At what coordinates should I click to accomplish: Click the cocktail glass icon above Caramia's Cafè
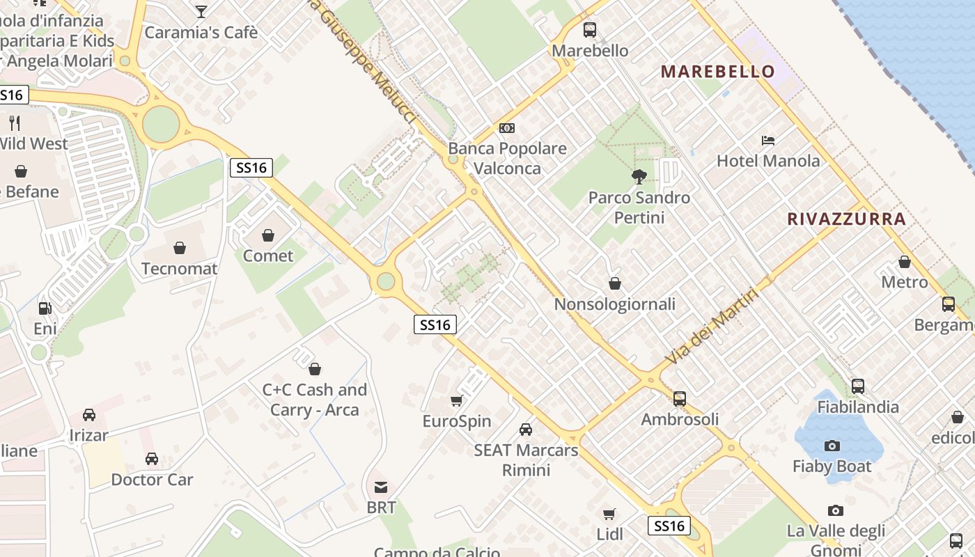pos(201,11)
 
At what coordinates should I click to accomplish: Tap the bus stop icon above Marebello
pos(590,30)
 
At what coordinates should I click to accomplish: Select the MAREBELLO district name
pos(717,71)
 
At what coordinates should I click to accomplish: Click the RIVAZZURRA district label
pos(846,219)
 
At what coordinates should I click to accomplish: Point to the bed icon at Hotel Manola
pos(768,141)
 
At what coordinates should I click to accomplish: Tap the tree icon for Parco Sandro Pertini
pos(639,177)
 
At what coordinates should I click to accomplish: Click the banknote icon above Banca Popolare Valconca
pos(507,128)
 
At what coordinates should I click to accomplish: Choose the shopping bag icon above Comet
pos(268,236)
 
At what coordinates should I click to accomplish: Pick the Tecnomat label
pos(180,269)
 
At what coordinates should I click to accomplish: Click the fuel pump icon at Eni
pos(45,308)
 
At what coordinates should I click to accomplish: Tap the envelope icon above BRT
pos(381,487)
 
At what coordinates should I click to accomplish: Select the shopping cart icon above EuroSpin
pos(457,401)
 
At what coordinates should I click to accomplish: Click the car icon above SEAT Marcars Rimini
pos(526,430)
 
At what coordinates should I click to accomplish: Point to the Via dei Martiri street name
pos(710,327)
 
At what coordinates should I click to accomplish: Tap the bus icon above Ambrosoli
pos(680,399)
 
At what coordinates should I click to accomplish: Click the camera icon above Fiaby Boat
pos(832,446)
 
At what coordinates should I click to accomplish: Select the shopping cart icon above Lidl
pos(609,515)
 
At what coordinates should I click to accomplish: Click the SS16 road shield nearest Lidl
pos(669,526)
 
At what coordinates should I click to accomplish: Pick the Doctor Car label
pos(152,480)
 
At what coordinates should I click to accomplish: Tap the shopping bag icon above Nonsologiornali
pos(615,283)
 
